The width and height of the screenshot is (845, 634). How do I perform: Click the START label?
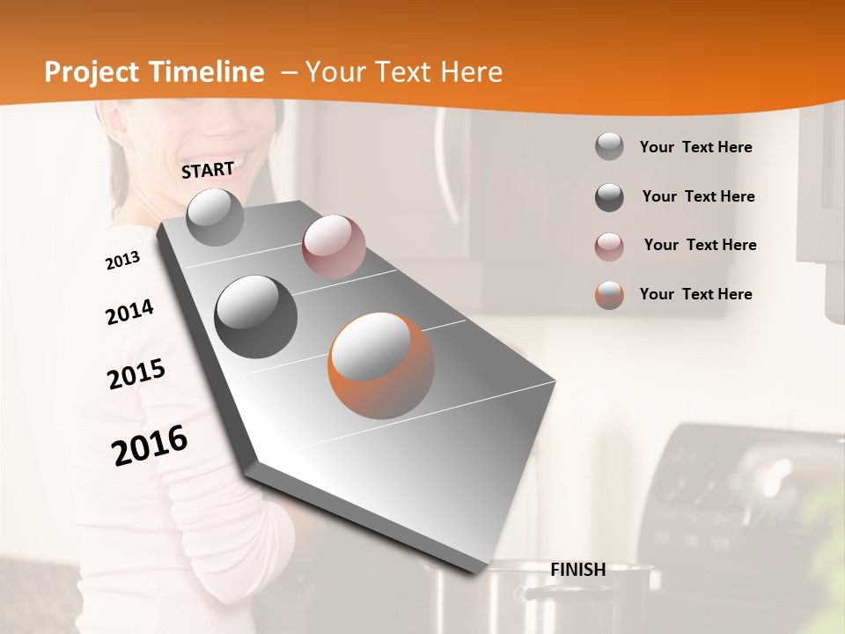208,170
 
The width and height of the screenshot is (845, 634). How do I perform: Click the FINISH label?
577,570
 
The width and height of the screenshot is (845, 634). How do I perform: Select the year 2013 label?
122,261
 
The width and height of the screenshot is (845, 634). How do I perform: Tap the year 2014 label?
129,313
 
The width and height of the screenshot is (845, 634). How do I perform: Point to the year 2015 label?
136,374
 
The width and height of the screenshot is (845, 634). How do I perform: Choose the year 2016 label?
150,445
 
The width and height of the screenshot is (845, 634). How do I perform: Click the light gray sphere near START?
216,217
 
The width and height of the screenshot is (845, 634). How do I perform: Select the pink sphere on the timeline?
334,247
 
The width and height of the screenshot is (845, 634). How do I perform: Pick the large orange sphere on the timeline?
381,365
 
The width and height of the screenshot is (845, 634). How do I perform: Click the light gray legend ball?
609,146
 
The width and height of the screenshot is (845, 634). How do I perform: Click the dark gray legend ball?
609,197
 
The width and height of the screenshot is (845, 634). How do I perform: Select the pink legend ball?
609,246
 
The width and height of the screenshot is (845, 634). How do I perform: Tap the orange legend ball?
609,295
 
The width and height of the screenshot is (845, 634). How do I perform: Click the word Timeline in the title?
208,72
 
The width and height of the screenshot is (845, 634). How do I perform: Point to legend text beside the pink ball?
700,245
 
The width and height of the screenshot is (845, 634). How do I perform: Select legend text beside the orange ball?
695,294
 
